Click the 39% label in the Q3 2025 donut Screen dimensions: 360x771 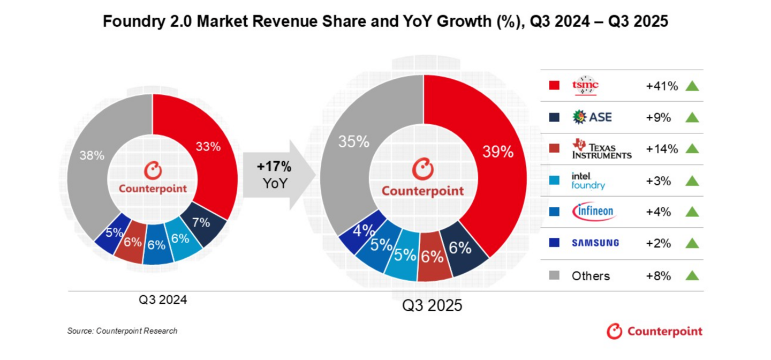[498, 152]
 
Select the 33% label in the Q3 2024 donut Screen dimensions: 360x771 [208, 146]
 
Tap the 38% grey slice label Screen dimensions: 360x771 [92, 155]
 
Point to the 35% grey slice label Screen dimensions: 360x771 [353, 142]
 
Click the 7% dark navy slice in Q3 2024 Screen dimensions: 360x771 [201, 222]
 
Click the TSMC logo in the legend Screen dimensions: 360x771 [586, 85]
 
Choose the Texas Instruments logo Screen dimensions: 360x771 [601, 148]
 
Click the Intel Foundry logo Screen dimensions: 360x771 [588, 181]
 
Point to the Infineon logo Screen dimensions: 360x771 [594, 212]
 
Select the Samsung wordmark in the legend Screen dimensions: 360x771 [595, 243]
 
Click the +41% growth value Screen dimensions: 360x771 [662, 86]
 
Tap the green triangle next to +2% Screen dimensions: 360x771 [692, 243]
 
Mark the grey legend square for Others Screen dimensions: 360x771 [554, 275]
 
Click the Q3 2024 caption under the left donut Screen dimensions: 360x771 [163, 300]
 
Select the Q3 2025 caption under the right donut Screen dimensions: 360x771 [432, 306]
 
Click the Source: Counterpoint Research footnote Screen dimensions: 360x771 [122, 331]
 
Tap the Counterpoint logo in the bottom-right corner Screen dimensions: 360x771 [654, 331]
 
